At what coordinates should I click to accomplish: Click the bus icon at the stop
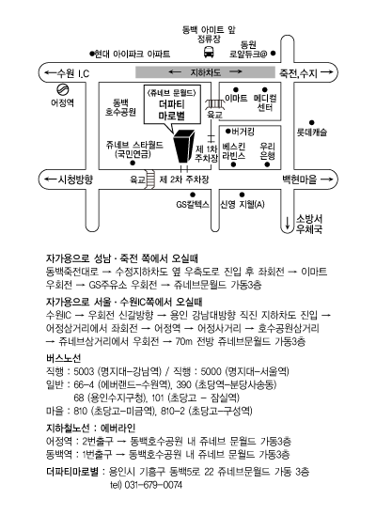(x=209, y=52)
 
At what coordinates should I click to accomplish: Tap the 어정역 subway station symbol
(x=62, y=89)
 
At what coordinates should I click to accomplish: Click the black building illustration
(x=184, y=146)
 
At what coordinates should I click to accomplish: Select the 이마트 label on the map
(x=236, y=98)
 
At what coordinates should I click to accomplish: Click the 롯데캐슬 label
(x=312, y=133)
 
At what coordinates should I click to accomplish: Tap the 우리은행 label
(x=267, y=150)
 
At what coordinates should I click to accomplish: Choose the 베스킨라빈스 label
(x=233, y=150)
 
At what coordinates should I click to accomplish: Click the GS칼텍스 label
(x=193, y=204)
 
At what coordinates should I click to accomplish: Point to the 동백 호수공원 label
(x=120, y=107)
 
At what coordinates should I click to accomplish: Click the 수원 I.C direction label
(x=68, y=73)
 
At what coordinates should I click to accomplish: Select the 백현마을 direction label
(x=307, y=179)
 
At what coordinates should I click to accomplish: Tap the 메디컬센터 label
(x=265, y=102)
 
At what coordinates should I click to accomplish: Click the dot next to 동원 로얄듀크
(x=274, y=53)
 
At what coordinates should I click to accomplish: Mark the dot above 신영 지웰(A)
(x=242, y=195)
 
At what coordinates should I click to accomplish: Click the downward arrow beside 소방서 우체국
(x=288, y=223)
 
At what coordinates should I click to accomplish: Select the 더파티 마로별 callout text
(x=172, y=110)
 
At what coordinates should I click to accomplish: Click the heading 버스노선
(x=64, y=358)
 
